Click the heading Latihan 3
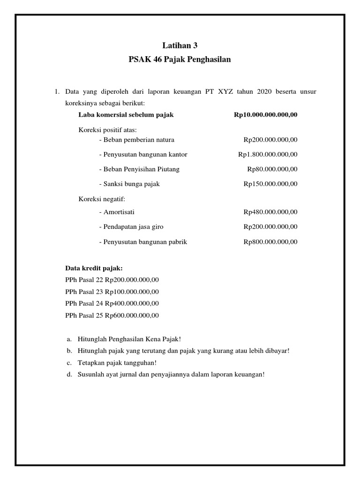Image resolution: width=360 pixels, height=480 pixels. [180, 45]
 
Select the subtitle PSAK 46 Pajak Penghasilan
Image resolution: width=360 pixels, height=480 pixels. [180, 60]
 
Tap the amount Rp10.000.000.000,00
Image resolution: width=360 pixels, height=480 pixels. [265, 115]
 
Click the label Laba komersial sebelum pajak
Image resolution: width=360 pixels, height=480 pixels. [126, 115]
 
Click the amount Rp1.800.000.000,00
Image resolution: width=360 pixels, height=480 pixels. [267, 154]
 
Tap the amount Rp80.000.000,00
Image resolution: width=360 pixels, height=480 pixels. [272, 169]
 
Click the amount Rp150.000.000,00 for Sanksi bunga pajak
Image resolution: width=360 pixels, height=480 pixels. [270, 184]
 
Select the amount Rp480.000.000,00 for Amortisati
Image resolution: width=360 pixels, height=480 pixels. [270, 212]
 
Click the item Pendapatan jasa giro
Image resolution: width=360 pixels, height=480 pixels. [131, 227]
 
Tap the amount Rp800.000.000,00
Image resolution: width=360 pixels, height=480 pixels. [270, 242]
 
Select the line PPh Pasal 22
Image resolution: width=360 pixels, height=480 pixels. [112, 280]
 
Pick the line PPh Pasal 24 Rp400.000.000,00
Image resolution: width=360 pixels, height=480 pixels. [112, 303]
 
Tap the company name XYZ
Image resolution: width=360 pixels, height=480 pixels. [225, 91]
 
